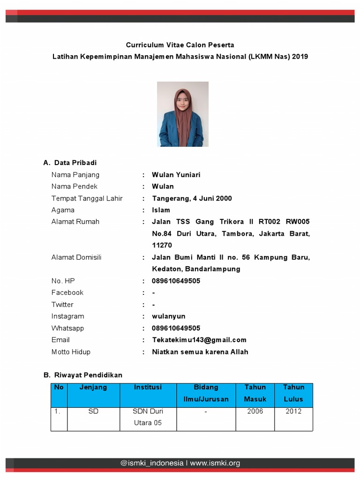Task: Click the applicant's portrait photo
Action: point(182,114)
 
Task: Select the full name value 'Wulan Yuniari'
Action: point(176,175)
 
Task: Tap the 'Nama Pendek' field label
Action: point(75,187)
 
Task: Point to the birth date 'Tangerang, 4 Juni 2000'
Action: point(192,198)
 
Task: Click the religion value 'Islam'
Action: point(161,210)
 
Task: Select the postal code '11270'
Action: point(162,245)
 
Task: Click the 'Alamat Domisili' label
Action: point(76,257)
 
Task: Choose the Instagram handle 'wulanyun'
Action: point(168,316)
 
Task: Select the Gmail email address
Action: point(199,340)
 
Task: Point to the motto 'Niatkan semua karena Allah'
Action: point(200,352)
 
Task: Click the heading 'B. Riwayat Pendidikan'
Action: point(83,375)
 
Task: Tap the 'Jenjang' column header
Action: point(93,387)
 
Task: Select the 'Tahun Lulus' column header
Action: point(293,393)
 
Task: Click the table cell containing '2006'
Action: point(255,411)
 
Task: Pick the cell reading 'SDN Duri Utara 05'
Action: point(148,417)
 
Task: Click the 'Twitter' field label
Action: point(62,305)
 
